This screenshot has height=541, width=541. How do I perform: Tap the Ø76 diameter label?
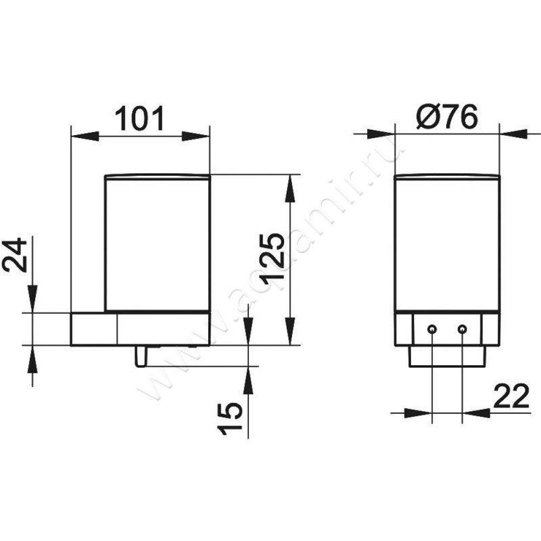point(447,116)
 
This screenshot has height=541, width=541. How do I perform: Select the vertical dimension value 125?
point(273,260)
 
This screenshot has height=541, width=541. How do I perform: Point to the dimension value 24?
point(14,255)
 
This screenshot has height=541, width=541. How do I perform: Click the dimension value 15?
point(230,418)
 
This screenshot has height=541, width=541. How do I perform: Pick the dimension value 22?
point(511,396)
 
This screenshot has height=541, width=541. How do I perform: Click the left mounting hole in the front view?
point(431,329)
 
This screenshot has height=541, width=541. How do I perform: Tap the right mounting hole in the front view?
point(463,329)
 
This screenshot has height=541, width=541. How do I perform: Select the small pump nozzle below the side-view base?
point(141,356)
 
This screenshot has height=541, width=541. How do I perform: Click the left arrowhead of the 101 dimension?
point(85,136)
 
